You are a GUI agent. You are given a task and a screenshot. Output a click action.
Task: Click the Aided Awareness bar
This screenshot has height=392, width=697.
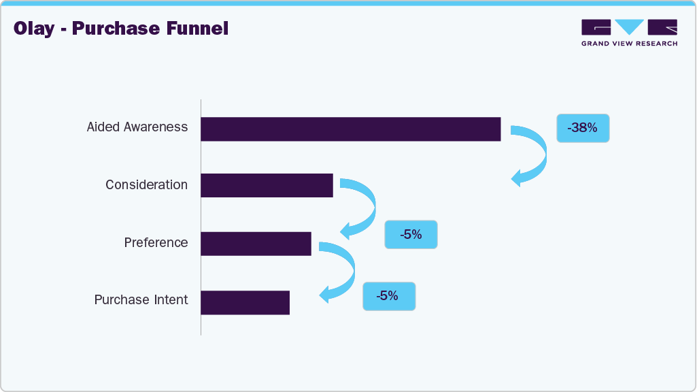(350, 129)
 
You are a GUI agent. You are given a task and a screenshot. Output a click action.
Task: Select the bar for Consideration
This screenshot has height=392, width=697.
(267, 185)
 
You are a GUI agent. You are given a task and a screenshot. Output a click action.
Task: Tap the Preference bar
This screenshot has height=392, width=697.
(256, 244)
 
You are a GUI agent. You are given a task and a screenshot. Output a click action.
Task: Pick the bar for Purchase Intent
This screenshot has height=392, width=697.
(245, 302)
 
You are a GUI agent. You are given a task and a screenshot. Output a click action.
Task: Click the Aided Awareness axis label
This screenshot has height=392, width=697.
(137, 127)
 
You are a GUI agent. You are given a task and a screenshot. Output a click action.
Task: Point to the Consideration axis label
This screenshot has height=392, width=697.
(146, 184)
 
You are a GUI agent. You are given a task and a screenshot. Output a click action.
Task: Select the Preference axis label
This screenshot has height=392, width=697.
(156, 242)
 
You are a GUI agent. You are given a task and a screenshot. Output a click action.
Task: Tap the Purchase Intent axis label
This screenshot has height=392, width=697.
(141, 300)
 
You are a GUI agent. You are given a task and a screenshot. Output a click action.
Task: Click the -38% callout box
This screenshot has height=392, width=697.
(583, 128)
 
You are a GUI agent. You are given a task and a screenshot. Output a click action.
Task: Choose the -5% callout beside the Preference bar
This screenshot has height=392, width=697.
(411, 235)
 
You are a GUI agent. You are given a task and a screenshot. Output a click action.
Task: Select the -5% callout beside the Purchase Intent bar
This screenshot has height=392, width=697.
(388, 296)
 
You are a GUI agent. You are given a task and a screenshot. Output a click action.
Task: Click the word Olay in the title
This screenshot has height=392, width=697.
(33, 29)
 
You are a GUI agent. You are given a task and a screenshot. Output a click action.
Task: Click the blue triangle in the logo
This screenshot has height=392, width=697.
(630, 27)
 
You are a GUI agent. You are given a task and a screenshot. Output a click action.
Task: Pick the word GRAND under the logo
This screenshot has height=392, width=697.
(595, 44)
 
